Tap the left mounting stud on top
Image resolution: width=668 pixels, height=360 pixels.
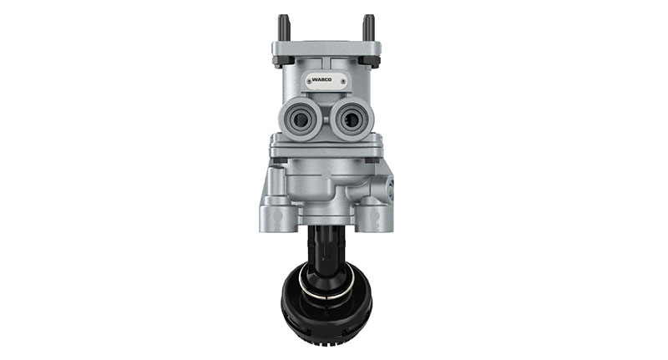[x=283, y=28]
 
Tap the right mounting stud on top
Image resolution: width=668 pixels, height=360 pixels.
[x=368, y=28]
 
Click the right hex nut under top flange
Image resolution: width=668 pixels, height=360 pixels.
[x=368, y=61]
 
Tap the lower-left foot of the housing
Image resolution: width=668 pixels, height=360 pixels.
[x=277, y=219]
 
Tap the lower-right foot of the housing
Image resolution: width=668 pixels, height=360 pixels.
[x=372, y=219]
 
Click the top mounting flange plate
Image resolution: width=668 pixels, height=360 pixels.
[x=326, y=48]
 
